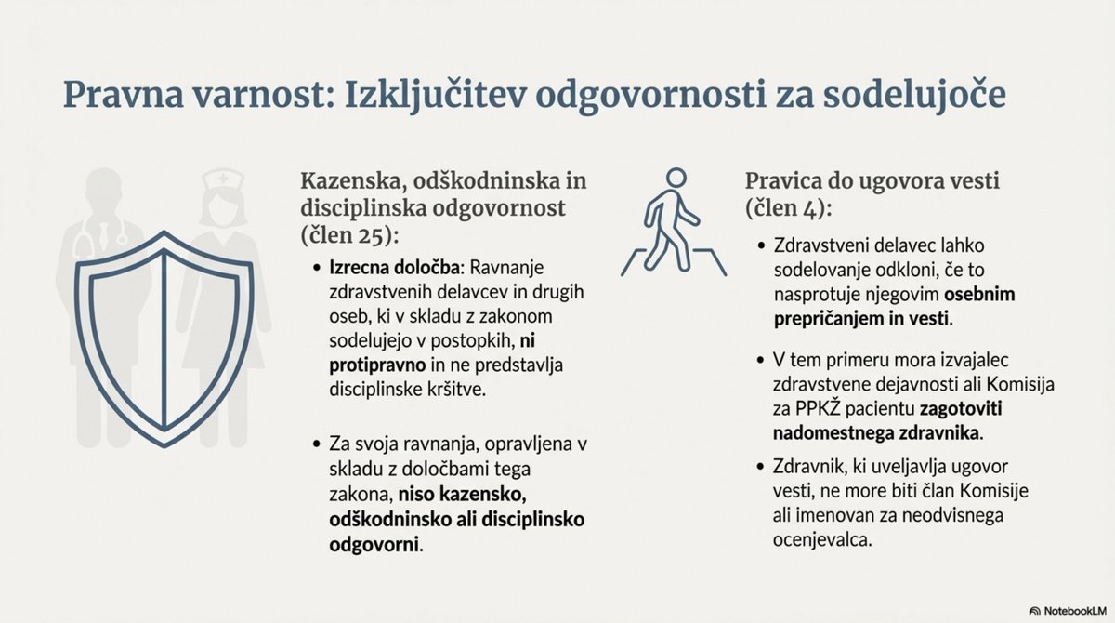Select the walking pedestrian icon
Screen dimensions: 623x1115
(x=676, y=223)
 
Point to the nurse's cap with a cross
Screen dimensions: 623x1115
(x=222, y=179)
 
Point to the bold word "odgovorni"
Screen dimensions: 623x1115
(x=370, y=542)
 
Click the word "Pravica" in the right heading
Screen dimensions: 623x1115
(x=786, y=180)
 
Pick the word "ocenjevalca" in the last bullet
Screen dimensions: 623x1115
(x=817, y=537)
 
